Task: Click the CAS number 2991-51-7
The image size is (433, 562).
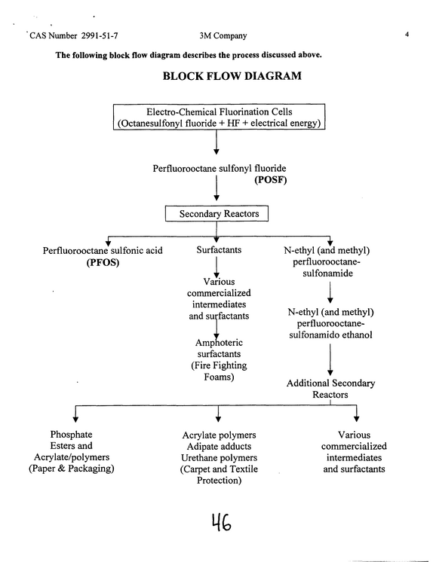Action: coord(100,35)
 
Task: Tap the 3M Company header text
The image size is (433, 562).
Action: coord(223,35)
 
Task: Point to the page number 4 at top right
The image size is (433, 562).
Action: coord(407,35)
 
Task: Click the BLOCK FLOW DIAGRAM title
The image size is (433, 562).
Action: coord(232,76)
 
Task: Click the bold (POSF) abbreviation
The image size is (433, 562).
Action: coord(271,179)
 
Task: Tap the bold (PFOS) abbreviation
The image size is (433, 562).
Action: coord(103,262)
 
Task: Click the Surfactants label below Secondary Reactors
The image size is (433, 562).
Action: coord(219,250)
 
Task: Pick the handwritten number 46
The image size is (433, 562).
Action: coord(221,522)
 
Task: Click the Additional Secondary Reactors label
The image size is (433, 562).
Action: coord(330,389)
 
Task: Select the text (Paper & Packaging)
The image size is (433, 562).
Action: coord(72,468)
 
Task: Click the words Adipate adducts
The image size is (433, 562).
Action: coord(219,446)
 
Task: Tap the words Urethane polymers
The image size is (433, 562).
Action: coord(219,458)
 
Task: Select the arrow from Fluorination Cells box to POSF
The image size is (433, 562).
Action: coord(216,142)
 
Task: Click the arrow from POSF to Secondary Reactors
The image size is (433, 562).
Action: coord(216,188)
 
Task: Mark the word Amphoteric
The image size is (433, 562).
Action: coord(219,343)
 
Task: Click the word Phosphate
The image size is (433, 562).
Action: coord(71,435)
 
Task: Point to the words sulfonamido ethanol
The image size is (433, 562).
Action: coord(330,334)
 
